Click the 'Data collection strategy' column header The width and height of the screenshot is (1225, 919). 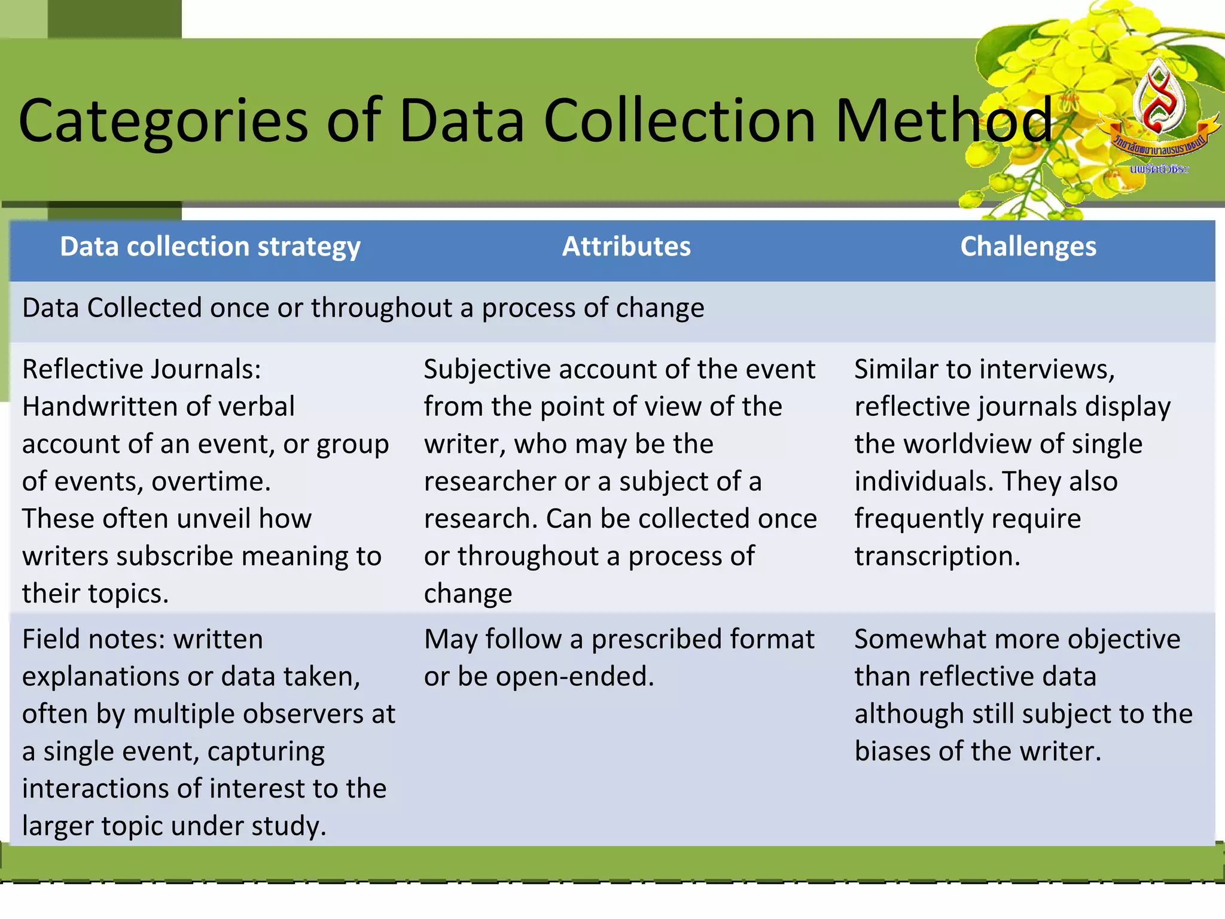210,247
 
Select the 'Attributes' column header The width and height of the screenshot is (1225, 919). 626,247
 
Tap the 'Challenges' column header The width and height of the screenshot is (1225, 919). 1028,247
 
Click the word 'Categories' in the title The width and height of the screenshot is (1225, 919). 163,121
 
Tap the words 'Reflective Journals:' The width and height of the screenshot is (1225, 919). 142,369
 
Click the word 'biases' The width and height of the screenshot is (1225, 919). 892,751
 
